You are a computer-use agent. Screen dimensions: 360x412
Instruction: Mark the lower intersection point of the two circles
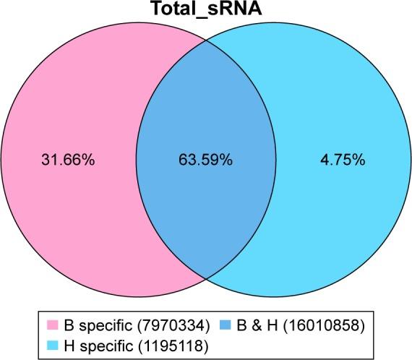click(206, 279)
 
